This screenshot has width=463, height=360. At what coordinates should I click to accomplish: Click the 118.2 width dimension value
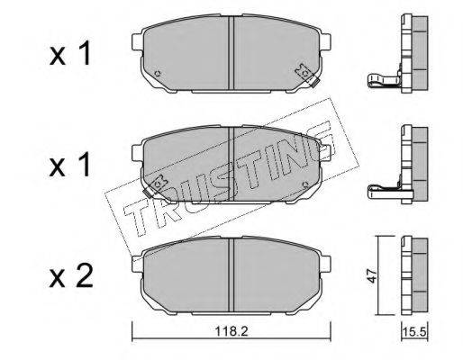pos(231,332)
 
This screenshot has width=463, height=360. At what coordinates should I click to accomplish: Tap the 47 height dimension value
pos(372,275)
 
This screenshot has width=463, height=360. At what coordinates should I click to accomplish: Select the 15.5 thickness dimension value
pos(415,332)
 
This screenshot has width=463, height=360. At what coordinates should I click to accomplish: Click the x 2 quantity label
pos(71,277)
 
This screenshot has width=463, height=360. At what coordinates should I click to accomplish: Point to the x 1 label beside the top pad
pos(70,53)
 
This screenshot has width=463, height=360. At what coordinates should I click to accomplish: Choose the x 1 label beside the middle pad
pos(70,164)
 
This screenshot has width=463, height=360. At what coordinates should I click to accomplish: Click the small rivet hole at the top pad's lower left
pos(157,73)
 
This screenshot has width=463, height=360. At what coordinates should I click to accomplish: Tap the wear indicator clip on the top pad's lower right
pos(307,76)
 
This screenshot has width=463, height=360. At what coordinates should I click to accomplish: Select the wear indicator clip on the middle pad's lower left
pos(155,185)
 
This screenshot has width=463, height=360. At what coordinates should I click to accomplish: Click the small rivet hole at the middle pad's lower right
pos(305,184)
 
